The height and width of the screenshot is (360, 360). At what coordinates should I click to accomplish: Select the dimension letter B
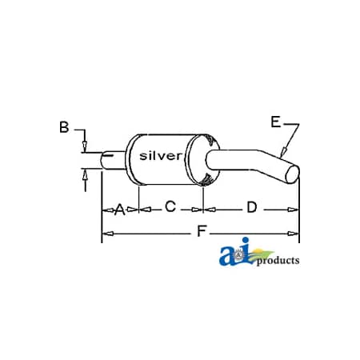coord(64,126)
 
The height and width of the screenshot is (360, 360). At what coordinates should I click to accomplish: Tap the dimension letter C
coord(170,207)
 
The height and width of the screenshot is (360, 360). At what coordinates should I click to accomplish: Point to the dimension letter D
coord(251,208)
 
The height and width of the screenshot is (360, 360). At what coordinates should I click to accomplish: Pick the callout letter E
coord(276,122)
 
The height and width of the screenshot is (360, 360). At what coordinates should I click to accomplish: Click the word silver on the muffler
coord(162,155)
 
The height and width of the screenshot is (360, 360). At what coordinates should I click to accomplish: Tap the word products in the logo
coord(278,260)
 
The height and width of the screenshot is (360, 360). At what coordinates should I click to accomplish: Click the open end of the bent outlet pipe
coord(294,174)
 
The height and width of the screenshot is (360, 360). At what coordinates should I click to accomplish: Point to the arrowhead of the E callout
coord(282,153)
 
